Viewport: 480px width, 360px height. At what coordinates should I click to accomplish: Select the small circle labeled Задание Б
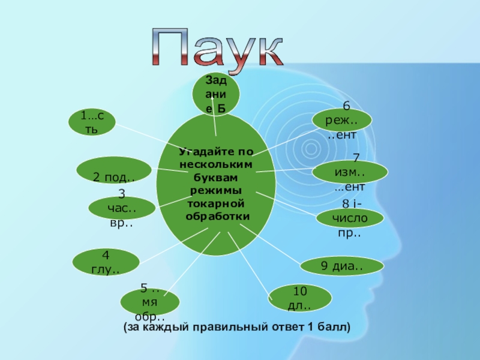[x=216, y=94]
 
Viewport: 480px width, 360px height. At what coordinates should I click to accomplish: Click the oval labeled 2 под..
[x=113, y=170]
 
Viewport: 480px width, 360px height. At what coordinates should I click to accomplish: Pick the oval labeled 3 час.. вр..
[x=122, y=208]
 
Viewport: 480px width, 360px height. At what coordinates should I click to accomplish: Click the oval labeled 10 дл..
[x=301, y=298]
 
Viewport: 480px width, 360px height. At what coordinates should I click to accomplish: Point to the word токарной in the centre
[x=217, y=205]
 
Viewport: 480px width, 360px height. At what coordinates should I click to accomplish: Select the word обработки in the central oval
[x=217, y=215]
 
